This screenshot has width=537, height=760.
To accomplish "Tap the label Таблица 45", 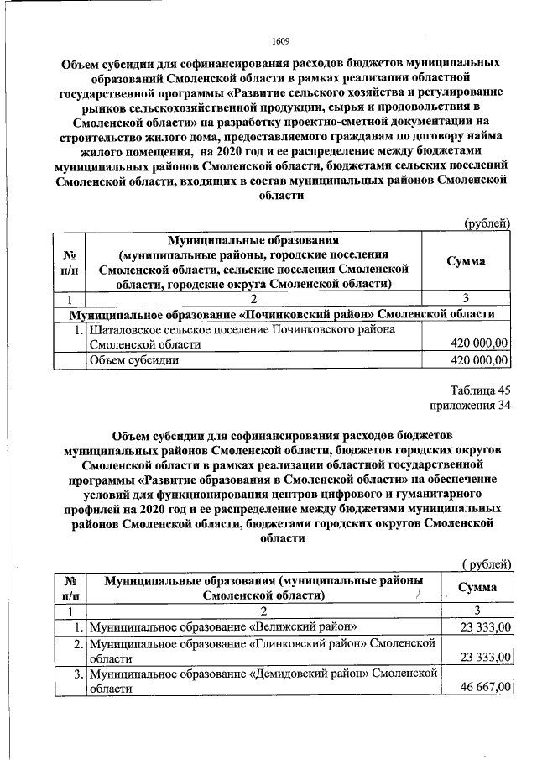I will click(480, 390).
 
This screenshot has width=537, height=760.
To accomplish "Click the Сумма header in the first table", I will click(466, 261).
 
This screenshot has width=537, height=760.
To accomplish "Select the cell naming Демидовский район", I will click(263, 680).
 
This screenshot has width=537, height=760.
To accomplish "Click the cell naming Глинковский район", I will click(263, 650).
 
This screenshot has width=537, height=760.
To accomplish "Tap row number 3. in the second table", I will click(76, 674).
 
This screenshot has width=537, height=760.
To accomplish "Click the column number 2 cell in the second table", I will click(263, 611).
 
